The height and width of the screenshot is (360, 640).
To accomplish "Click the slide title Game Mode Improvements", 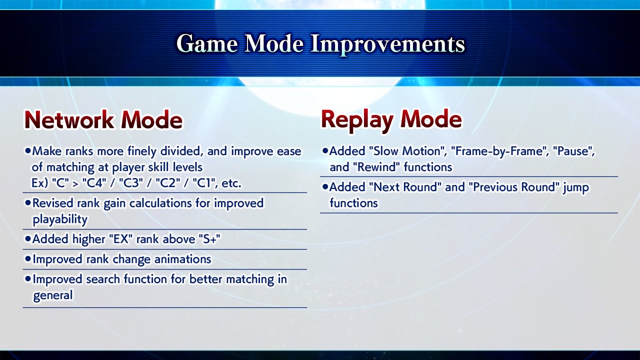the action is click(x=320, y=43).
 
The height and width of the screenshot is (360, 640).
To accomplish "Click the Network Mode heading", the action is click(x=103, y=120).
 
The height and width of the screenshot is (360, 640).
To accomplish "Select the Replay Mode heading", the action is click(x=391, y=120).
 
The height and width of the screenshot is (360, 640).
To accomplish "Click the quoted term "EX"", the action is click(x=121, y=239).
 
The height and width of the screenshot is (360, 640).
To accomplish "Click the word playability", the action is click(x=60, y=219).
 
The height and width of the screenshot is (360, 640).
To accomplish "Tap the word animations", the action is click(x=183, y=259).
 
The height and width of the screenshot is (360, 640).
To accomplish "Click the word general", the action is click(x=53, y=295).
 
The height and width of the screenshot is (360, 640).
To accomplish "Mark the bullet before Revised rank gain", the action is click(x=27, y=202).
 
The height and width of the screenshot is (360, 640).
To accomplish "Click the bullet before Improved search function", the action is click(x=27, y=278).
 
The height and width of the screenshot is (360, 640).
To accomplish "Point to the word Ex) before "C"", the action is click(x=39, y=183).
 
